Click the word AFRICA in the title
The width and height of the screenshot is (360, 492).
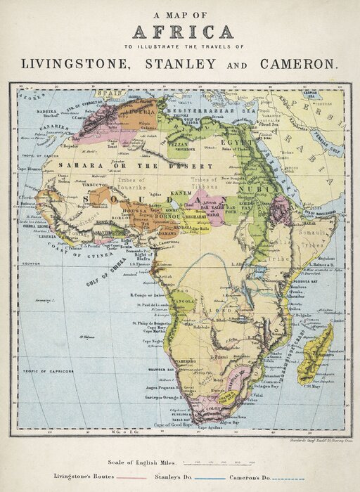(182, 32)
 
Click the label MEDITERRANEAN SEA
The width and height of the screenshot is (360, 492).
(210, 111)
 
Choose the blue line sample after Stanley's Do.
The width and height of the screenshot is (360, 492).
(210, 478)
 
